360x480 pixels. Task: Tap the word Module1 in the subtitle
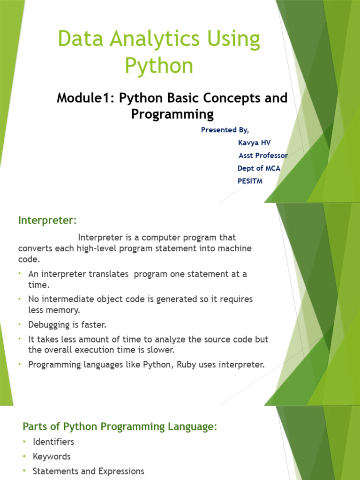[85, 98]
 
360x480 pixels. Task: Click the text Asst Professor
[263, 155]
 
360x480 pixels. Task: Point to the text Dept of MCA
[259, 168]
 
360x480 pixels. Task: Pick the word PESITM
[250, 181]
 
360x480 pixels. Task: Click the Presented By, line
[225, 130]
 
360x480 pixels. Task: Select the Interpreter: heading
[47, 220]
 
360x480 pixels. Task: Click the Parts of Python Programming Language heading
[120, 427]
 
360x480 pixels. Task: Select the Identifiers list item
[53, 442]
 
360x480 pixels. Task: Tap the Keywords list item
[52, 456]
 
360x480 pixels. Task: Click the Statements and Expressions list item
[89, 471]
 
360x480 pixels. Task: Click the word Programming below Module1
[172, 114]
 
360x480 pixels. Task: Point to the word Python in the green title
[159, 66]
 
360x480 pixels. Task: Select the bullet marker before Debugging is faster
[21, 324]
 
